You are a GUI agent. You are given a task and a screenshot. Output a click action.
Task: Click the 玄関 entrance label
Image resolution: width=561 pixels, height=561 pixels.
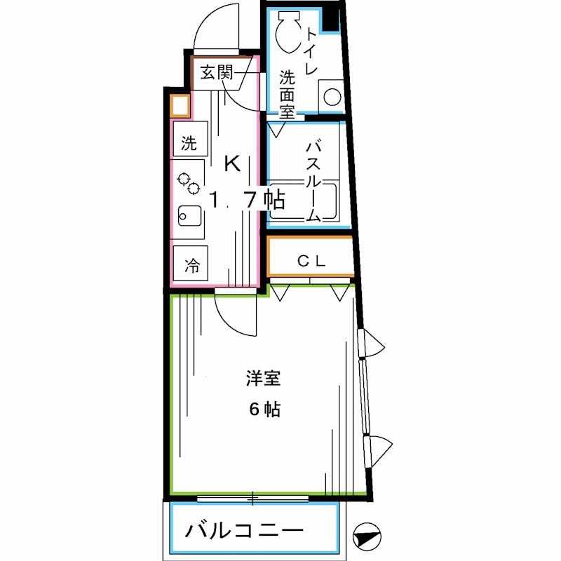[x=216, y=72]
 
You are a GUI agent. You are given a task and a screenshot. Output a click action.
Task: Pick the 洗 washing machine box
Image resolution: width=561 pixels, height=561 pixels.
[x=189, y=144]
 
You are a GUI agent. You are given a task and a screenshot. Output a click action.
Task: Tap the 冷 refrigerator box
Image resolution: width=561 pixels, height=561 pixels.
[x=191, y=266]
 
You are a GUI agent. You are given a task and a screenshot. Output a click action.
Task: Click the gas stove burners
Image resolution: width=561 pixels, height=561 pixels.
[x=189, y=184]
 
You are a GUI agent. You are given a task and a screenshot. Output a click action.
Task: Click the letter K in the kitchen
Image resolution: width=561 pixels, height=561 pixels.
[x=231, y=165]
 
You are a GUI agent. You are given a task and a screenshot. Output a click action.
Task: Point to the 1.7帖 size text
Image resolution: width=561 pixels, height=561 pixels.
[x=247, y=201]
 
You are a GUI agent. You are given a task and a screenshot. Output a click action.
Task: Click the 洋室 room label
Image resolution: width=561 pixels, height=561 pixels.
[x=264, y=379]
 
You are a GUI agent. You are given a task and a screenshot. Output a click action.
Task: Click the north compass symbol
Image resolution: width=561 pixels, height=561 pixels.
[x=367, y=537]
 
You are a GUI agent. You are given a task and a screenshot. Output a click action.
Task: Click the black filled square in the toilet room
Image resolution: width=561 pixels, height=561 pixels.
[x=330, y=20]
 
